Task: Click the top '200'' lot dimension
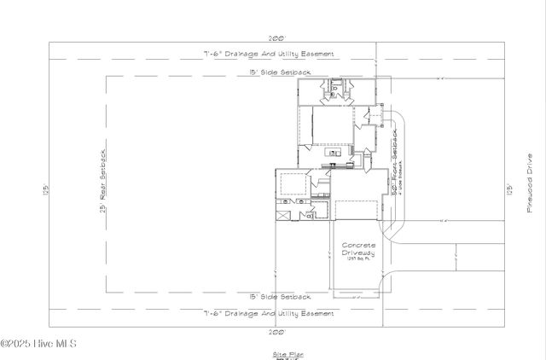coord(276,38)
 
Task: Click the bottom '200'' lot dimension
coord(276,331)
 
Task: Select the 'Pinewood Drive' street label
coord(529,185)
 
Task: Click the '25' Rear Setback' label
coord(102,181)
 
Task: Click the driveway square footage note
coord(358,260)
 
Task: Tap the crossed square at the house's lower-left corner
coord(283,217)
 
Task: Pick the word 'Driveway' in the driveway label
coord(358,253)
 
